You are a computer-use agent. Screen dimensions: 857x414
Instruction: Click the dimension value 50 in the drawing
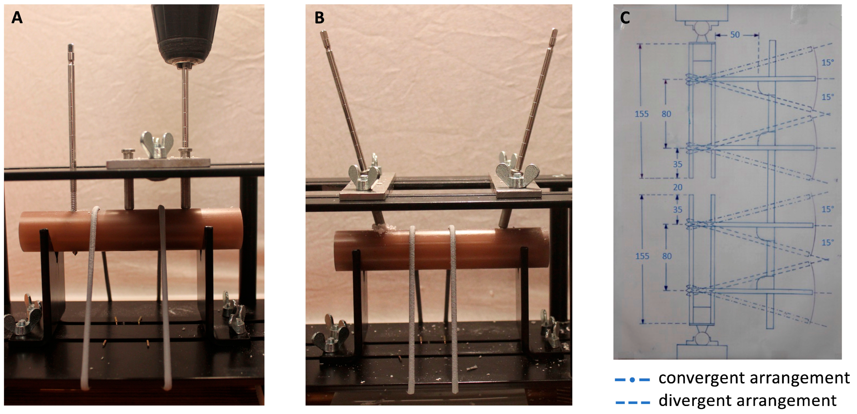(735, 34)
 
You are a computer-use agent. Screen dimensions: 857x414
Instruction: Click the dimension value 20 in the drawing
(678, 187)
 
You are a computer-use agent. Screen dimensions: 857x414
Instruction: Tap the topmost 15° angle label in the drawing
(828, 63)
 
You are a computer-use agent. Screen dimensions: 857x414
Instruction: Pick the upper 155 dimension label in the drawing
(641, 114)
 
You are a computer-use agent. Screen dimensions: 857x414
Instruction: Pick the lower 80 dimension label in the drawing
(667, 256)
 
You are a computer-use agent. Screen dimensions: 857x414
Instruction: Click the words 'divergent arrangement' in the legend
(747, 400)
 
